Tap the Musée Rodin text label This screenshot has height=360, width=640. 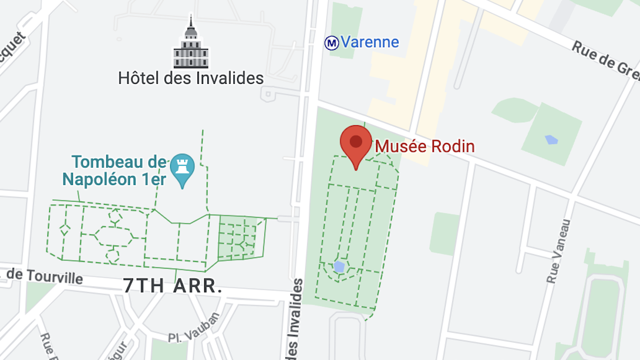425,146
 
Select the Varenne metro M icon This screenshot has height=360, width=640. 332,43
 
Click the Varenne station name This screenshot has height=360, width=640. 370,42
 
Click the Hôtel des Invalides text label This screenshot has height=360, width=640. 191,79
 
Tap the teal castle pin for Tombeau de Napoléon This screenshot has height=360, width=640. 182,168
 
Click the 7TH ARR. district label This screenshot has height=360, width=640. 173,286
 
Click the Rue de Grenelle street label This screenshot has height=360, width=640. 605,62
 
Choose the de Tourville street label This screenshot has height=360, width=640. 45,276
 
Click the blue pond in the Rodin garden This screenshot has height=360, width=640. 339,267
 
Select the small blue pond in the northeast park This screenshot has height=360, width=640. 551,139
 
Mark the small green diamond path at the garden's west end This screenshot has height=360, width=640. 65,230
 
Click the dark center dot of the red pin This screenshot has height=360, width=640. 356,141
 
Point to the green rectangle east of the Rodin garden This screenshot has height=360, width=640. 445,234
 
